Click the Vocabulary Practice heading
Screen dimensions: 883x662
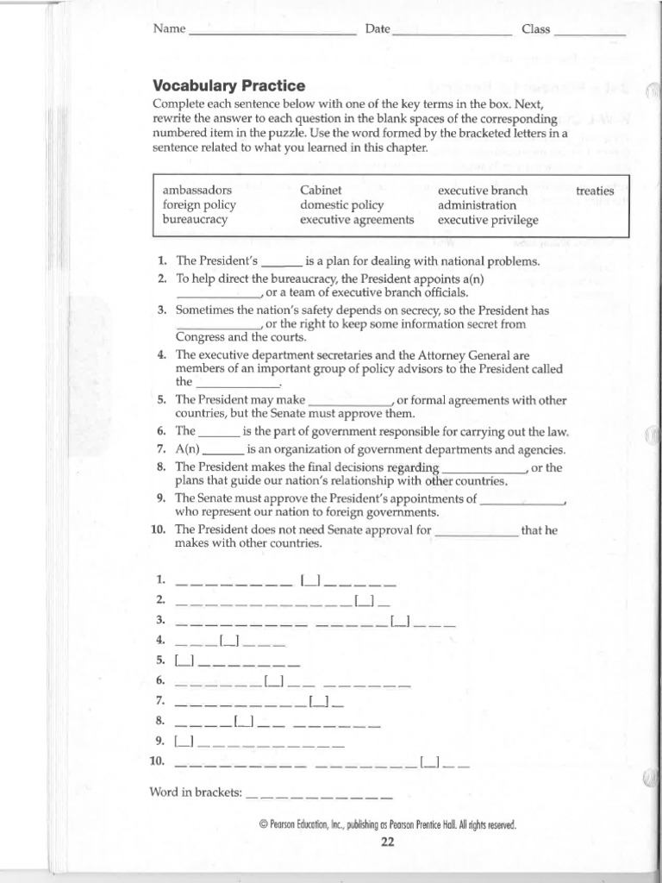[228, 85]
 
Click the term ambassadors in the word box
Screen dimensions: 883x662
[197, 190]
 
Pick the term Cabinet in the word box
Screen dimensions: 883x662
[321, 190]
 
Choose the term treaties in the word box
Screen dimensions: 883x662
[595, 191]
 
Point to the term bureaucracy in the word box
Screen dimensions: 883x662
[195, 220]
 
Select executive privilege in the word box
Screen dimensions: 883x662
[488, 220]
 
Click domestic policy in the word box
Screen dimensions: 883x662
[341, 205]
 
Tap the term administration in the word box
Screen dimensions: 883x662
[477, 205]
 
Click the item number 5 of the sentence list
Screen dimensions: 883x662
[161, 400]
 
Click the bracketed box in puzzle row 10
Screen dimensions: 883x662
[430, 761]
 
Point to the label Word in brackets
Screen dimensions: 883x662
[196, 792]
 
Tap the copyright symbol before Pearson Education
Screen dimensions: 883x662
[263, 824]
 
